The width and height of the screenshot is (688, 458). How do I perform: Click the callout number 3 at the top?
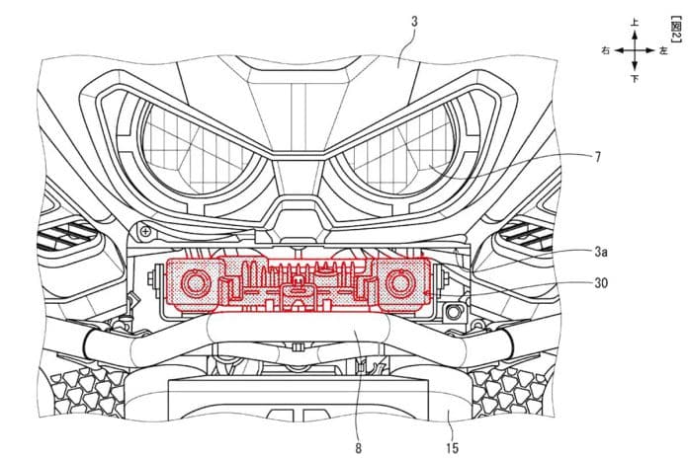414,21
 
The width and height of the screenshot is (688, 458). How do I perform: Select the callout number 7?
598,157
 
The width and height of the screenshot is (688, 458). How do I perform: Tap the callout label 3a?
601,252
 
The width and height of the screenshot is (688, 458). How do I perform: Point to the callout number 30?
601,282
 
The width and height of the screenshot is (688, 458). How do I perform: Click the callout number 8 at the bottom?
359,448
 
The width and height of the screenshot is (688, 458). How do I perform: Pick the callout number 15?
452,448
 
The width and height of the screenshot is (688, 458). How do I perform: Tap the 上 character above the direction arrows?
635,22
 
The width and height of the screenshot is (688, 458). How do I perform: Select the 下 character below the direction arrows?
635,79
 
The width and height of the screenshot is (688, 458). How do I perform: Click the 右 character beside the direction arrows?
606,50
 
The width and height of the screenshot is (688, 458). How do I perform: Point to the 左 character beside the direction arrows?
663,50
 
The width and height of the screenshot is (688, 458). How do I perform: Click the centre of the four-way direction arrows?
635,50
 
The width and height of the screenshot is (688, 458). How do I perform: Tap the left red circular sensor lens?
196,283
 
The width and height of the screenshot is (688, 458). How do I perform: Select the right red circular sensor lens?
399,283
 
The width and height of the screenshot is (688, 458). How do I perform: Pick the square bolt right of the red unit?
453,312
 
